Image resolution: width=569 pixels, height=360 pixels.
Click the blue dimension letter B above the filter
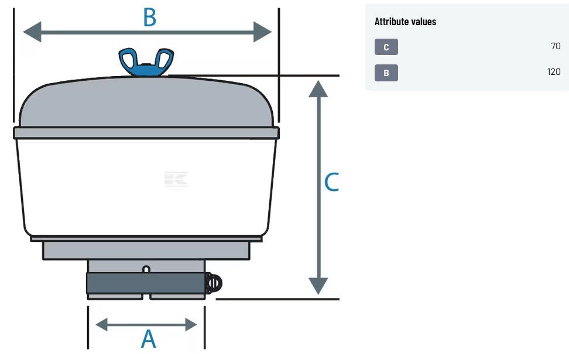[x=149, y=17]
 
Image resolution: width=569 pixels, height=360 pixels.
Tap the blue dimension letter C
[x=331, y=182]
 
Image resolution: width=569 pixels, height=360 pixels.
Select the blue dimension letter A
[x=149, y=339]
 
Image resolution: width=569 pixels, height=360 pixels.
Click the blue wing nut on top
[x=146, y=61]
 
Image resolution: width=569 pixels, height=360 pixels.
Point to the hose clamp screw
[x=214, y=283]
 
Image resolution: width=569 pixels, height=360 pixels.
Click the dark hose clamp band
[x=146, y=283]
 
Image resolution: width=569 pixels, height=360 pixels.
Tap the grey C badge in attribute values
[x=386, y=47]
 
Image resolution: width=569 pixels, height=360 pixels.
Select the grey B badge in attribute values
[x=386, y=73]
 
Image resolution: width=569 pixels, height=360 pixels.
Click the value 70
[x=556, y=46]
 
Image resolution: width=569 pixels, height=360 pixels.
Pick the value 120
[x=554, y=72]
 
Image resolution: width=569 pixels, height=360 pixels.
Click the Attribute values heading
[x=405, y=22]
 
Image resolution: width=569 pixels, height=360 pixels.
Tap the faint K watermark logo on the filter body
[x=176, y=179]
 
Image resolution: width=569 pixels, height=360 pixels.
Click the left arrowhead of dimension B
[x=32, y=32]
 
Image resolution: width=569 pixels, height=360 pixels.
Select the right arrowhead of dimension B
[x=262, y=32]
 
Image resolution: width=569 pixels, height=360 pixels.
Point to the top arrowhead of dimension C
[x=318, y=90]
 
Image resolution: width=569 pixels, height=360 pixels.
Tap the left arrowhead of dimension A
[x=102, y=324]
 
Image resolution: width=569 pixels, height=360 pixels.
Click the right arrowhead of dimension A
[x=191, y=324]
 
